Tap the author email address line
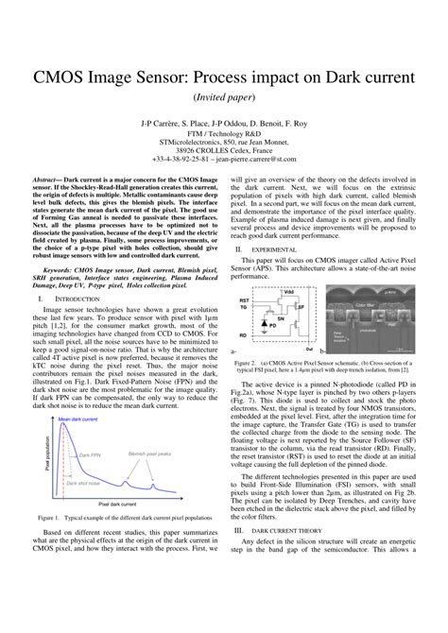click(224, 159)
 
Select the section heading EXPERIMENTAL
click(275, 249)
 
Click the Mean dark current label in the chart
click(78, 419)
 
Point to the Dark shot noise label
click(85, 482)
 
